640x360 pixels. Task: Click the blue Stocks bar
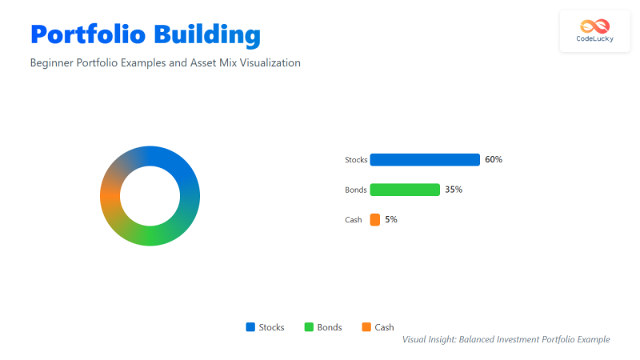[425, 159]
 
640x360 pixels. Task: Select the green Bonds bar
[405, 190]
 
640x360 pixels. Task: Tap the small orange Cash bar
[374, 219]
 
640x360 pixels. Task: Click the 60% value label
[494, 159]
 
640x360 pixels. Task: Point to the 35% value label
[454, 190]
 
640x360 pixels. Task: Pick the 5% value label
[391, 219]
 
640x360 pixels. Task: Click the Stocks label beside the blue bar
[356, 160]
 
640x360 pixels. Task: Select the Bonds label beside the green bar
[356, 190]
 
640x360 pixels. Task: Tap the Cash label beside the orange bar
[354, 219]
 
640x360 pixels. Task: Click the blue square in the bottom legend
[250, 327]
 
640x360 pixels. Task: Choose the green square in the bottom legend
[310, 327]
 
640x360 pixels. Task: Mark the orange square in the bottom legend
[366, 327]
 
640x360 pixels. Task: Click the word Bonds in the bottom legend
[330, 327]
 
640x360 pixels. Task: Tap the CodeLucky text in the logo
[595, 38]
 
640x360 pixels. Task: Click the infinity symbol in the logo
[595, 26]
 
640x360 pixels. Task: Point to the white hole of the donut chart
[150, 196]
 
